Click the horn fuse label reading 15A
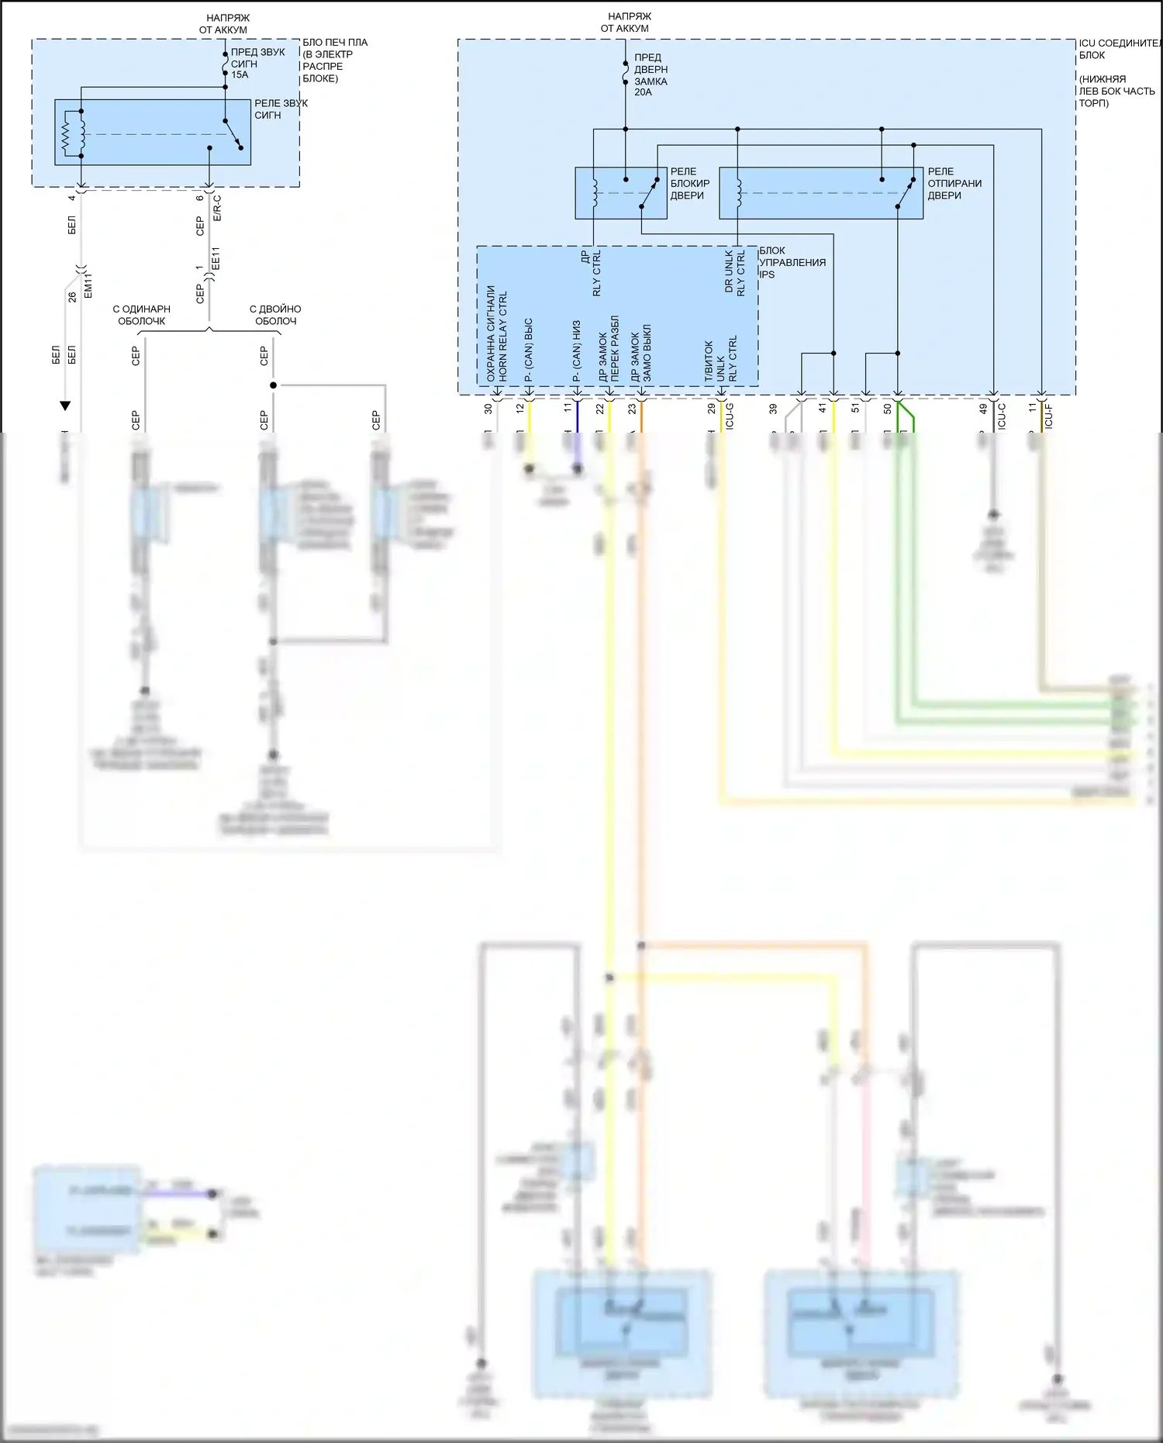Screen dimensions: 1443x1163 240,75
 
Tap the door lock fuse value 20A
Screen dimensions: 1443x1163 643,92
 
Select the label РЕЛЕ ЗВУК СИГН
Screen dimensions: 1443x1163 281,109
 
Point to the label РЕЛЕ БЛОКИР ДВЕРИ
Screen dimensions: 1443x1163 689,184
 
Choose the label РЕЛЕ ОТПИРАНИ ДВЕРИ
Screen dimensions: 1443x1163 954,184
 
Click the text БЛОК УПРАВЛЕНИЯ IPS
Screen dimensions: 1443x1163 792,262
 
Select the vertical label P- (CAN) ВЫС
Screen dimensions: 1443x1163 529,350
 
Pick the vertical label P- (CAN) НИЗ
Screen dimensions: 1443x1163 576,351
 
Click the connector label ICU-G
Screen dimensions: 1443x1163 729,416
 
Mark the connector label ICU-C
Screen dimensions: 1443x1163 1001,416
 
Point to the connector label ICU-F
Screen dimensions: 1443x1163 1048,416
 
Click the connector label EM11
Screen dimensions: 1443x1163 88,285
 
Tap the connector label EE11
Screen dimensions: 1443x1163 216,258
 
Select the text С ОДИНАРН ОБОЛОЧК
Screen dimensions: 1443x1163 142,315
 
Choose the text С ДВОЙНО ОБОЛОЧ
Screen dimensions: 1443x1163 275,315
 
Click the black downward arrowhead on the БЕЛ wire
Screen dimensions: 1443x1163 66,406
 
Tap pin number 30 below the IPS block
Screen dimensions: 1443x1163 488,409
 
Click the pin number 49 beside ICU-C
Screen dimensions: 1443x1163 983,409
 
